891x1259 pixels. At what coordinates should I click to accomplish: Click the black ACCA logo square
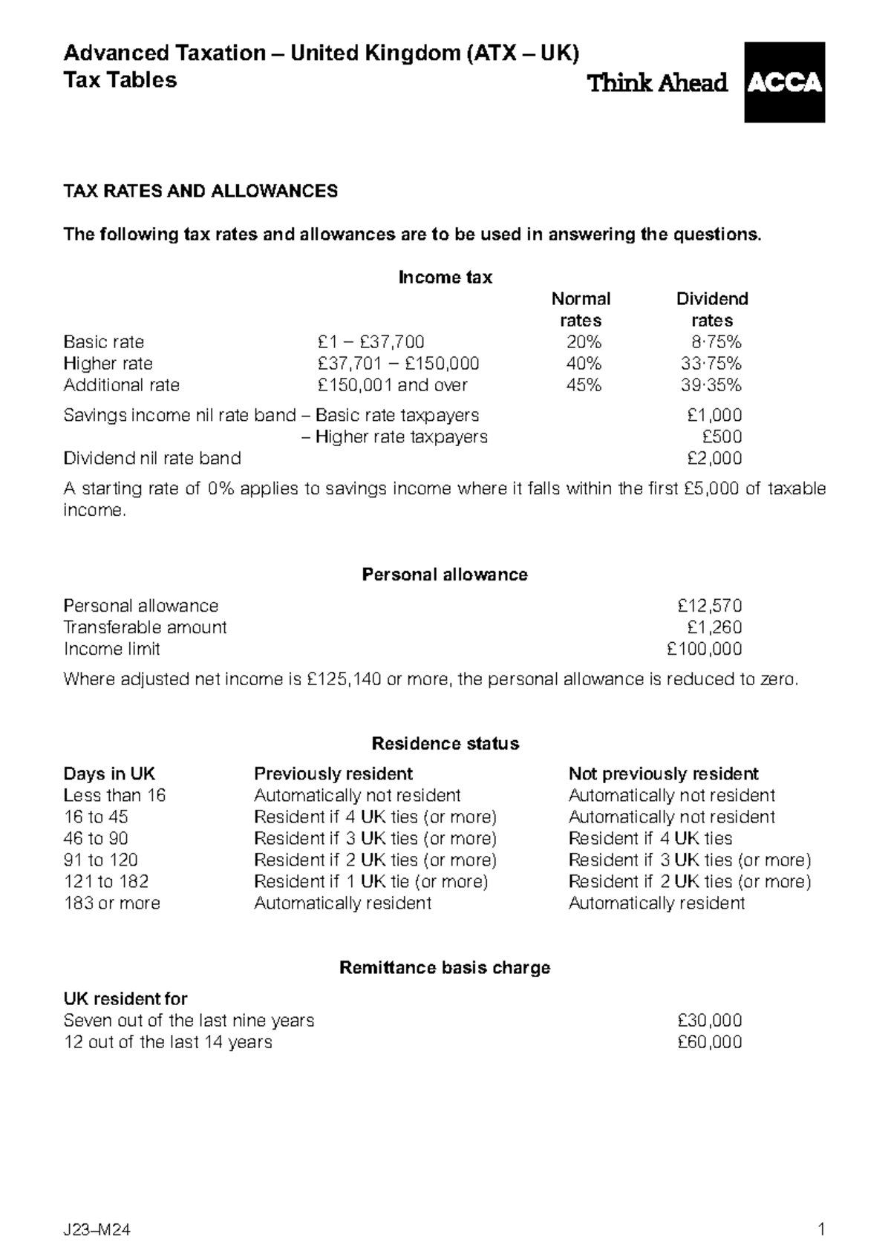pos(784,82)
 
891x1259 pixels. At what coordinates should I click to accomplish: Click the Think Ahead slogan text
pos(657,83)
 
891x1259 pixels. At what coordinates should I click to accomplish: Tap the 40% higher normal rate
pos(584,364)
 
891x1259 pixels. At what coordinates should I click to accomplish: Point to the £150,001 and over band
pos(392,385)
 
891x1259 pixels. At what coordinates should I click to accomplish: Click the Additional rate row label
pos(122,385)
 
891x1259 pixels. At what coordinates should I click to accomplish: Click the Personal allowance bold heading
pos(444,575)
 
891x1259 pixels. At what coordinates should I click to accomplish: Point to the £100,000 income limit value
pos(705,649)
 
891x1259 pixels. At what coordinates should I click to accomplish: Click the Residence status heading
pos(445,744)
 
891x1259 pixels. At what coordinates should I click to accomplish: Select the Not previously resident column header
pos(663,774)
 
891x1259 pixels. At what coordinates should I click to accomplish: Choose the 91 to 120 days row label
pos(101,860)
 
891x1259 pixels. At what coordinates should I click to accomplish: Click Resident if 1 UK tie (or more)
pos(371,882)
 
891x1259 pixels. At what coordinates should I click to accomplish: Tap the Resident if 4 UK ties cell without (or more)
pos(650,839)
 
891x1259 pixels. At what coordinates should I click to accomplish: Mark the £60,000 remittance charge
pos(709,1042)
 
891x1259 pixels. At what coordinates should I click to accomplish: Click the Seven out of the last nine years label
pos(189,1021)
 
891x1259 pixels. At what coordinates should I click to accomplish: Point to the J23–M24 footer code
pos(97,1230)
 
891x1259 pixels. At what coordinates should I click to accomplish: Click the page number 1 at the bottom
pos(820,1229)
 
